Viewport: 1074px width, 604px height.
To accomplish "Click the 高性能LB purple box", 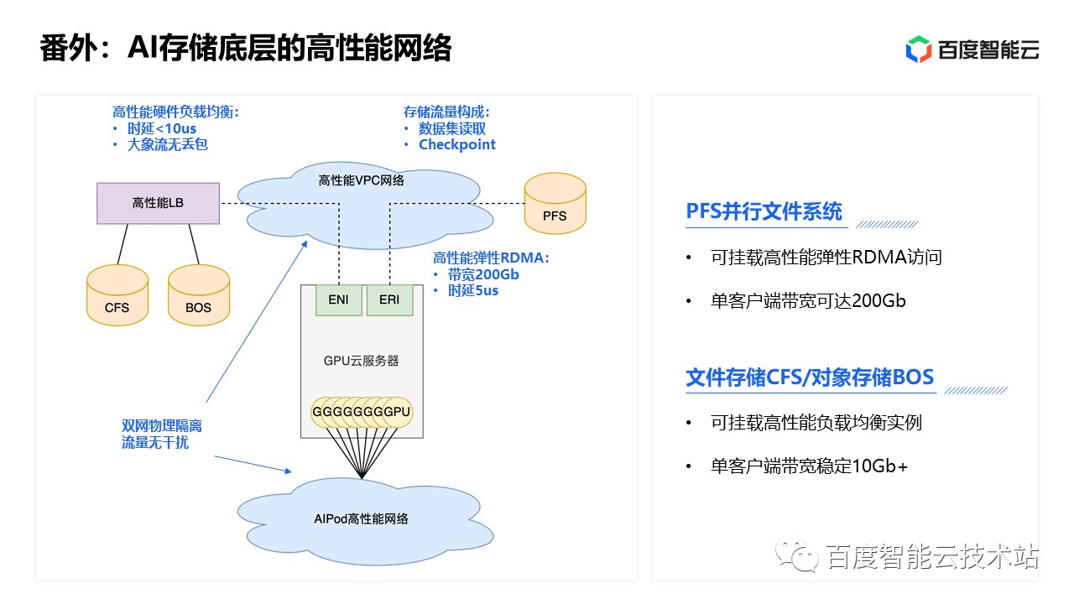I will (x=158, y=203).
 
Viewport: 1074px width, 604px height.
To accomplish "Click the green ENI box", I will (x=339, y=300).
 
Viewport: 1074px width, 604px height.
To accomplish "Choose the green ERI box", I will (x=389, y=300).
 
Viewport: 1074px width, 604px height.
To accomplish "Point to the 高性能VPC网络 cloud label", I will (x=361, y=180).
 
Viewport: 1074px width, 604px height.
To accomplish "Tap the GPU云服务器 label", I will (x=361, y=361).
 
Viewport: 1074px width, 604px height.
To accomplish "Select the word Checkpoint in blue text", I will (x=457, y=144).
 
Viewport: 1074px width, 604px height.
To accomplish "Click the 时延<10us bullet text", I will (x=162, y=128).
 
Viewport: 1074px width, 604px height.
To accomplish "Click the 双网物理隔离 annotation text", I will (x=162, y=426).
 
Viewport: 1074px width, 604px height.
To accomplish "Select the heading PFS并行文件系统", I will (x=764, y=211).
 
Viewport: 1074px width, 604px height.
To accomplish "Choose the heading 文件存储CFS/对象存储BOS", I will (x=810, y=377).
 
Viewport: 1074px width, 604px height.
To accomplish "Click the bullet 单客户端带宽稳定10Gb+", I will (x=809, y=466).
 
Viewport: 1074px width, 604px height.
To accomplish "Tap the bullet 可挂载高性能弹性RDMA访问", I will (x=826, y=258).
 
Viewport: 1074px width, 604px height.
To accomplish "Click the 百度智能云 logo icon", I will (x=919, y=49).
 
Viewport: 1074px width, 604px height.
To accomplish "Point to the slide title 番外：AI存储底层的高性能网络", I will (x=246, y=49).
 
